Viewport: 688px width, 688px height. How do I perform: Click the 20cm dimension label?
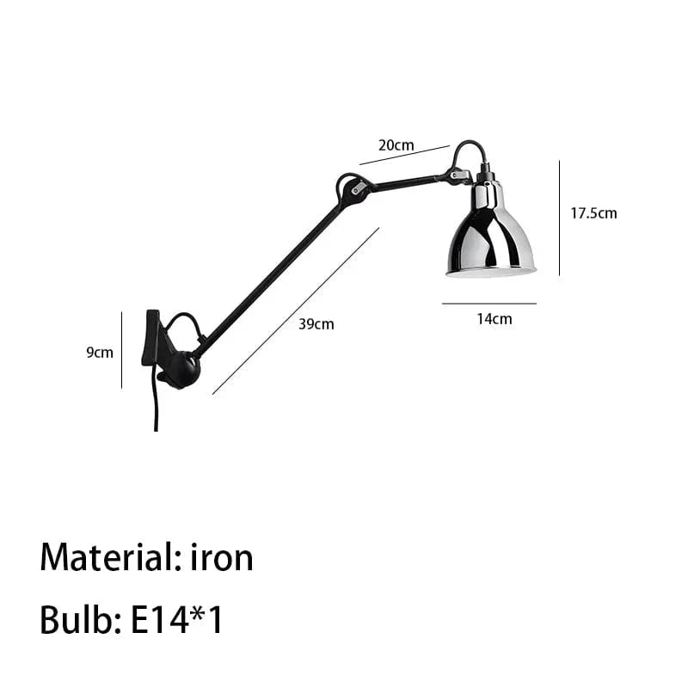point(396,144)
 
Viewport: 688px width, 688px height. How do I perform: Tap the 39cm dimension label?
point(316,324)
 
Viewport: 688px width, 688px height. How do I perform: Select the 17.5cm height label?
point(593,213)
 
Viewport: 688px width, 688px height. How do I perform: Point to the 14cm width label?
point(494,319)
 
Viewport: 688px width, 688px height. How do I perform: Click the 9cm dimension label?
point(100,353)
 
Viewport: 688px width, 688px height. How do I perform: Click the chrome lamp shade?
point(491,232)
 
